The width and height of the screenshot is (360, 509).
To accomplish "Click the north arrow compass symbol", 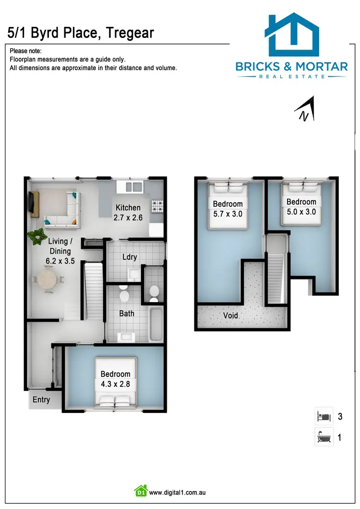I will [305, 109].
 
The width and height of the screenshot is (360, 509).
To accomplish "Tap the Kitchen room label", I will [128, 208].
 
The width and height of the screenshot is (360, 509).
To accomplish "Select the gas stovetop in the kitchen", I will [157, 206].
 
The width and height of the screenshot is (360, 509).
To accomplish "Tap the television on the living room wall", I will [32, 202].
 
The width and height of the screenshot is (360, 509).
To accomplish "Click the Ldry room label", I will [130, 257].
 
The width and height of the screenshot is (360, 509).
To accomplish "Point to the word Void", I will [230, 316].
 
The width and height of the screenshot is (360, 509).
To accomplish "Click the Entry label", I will [41, 400].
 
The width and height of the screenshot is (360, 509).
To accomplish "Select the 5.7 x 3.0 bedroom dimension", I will [228, 214].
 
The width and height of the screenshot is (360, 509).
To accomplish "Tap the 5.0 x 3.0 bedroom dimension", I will [301, 211].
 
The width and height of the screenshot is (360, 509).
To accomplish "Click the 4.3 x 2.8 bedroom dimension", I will [115, 384].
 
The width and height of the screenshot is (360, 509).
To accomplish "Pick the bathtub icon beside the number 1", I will [324, 437].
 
